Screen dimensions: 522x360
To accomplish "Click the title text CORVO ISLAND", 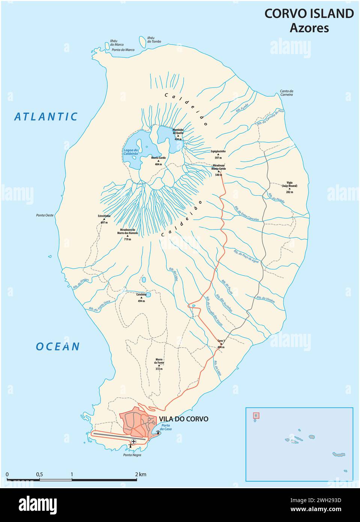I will pyautogui.click(x=309, y=14).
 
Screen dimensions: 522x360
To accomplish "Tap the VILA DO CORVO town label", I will pyautogui.click(x=183, y=419).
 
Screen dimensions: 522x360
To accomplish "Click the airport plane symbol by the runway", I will pyautogui.click(x=134, y=441).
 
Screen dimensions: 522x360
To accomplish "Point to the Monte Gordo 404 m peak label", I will pyautogui.click(x=158, y=161).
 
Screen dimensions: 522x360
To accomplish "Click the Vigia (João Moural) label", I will pyautogui.click(x=289, y=188).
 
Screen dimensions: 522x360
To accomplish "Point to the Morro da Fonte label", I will pyautogui.click(x=159, y=363).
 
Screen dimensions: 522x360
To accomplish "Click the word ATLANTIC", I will pyautogui.click(x=46, y=117).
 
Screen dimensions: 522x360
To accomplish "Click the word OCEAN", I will pyautogui.click(x=58, y=346).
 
